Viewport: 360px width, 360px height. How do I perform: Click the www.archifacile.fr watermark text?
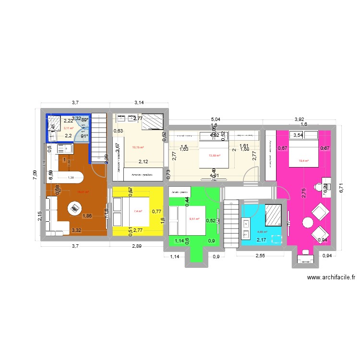pyautogui.click(x=331, y=277)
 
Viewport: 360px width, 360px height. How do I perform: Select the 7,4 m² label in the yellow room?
pyautogui.click(x=139, y=211)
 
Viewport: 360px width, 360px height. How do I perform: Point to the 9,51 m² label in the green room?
pyautogui.click(x=194, y=219)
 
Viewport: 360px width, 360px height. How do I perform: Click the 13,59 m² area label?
pyautogui.click(x=214, y=155)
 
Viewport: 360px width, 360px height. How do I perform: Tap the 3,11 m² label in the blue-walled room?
pyautogui.click(x=68, y=128)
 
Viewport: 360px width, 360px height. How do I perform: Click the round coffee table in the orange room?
pyautogui.click(x=74, y=208)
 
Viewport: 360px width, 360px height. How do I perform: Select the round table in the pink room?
pyautogui.click(x=307, y=222)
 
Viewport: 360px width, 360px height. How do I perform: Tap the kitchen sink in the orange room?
pyautogui.click(x=62, y=149)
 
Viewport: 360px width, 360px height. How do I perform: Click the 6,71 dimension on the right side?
pyautogui.click(x=342, y=188)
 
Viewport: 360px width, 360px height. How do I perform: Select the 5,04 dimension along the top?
pyautogui.click(x=216, y=119)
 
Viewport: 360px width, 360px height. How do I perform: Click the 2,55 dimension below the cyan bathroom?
pyautogui.click(x=260, y=256)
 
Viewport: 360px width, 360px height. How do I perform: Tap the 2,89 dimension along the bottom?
pyautogui.click(x=137, y=246)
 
